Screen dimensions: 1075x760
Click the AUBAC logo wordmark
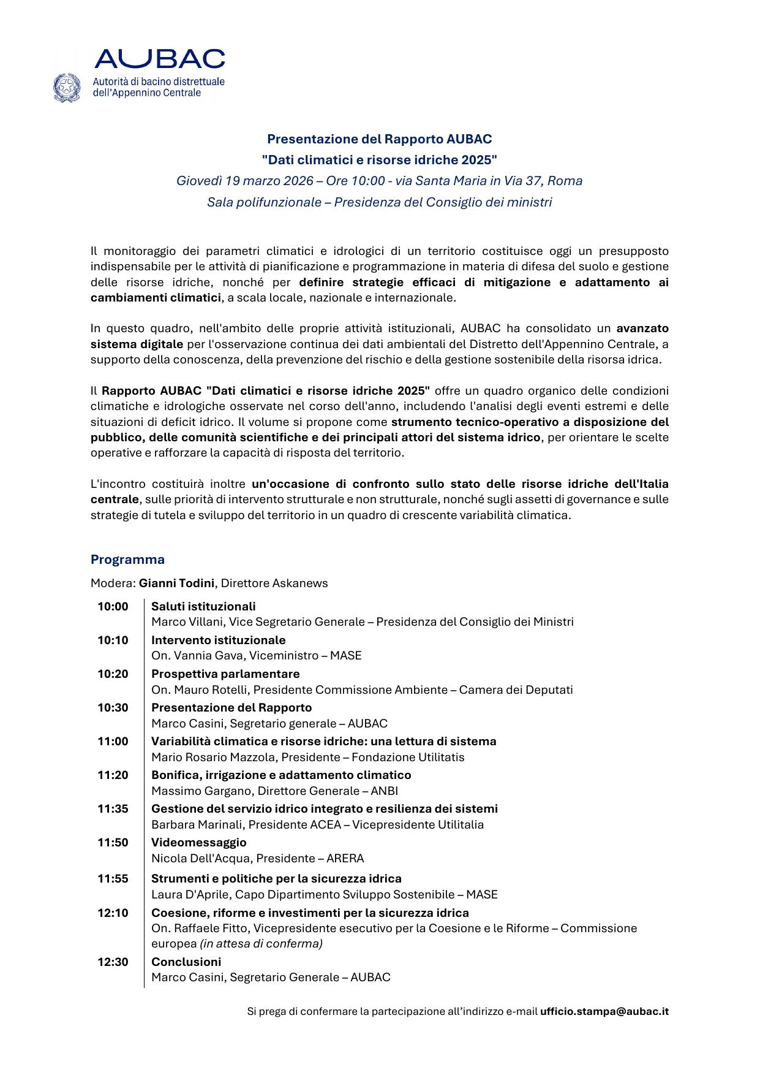pos(159,59)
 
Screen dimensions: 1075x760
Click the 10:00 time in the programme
pos(113,607)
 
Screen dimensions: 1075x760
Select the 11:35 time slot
pos(113,809)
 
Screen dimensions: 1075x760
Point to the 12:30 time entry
pos(113,962)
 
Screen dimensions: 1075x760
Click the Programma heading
pos(127,560)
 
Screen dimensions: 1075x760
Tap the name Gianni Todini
pos(176,583)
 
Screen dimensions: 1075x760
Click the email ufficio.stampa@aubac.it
pos(604,1012)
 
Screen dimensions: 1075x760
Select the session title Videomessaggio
pos(198,843)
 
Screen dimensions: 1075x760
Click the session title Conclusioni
pos(186,962)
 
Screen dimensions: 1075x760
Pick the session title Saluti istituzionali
pos(203,607)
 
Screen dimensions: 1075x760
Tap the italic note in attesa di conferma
pos(261,944)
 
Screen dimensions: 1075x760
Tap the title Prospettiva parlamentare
pos(225,674)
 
